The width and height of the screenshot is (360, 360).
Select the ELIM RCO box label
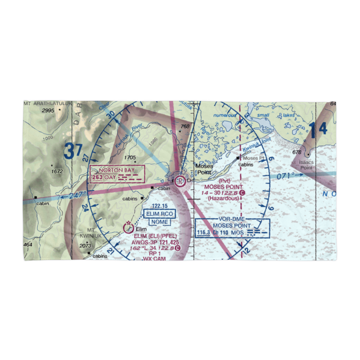click(x=159, y=214)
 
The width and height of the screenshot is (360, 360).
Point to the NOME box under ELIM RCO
click(x=159, y=222)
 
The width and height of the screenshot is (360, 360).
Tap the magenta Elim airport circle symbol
click(x=127, y=228)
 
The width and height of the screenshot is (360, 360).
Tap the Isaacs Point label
click(x=306, y=165)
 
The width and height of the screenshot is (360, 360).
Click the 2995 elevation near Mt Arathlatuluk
click(x=47, y=111)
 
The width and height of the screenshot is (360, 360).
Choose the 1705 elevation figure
click(x=130, y=157)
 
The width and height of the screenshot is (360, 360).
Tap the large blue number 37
click(x=73, y=152)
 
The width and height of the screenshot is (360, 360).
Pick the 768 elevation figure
click(x=185, y=126)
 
